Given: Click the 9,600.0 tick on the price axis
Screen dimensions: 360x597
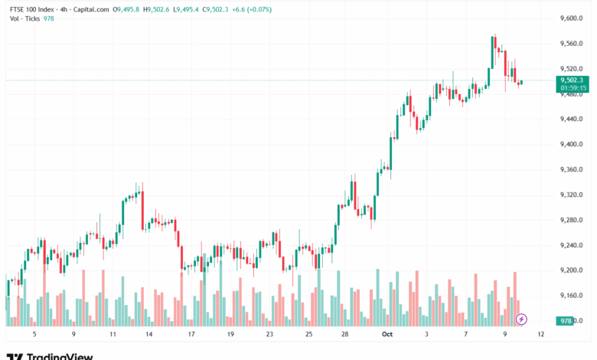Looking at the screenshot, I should point(572,18).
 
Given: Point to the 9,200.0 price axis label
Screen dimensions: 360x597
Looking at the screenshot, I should point(572,270).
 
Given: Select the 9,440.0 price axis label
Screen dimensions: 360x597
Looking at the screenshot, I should point(572,119).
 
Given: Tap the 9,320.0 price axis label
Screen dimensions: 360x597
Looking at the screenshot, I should point(572,195).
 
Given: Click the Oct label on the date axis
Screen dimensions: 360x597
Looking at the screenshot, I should point(387,335).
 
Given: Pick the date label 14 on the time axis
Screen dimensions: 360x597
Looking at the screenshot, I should point(148,335).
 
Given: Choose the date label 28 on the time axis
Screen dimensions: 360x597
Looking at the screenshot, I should point(345,335).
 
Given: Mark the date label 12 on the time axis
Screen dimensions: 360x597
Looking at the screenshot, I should point(541,335).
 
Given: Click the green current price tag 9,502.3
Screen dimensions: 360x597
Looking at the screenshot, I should point(572,80).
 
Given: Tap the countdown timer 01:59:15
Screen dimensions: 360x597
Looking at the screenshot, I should point(572,87).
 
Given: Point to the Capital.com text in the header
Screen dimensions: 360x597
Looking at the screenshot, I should point(90,10).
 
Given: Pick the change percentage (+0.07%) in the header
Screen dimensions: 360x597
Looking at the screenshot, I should point(256,10).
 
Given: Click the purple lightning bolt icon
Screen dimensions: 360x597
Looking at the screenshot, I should point(522,319).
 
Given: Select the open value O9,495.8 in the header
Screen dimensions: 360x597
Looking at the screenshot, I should point(126,10).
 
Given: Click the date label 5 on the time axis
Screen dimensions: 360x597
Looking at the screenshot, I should point(34,335).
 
